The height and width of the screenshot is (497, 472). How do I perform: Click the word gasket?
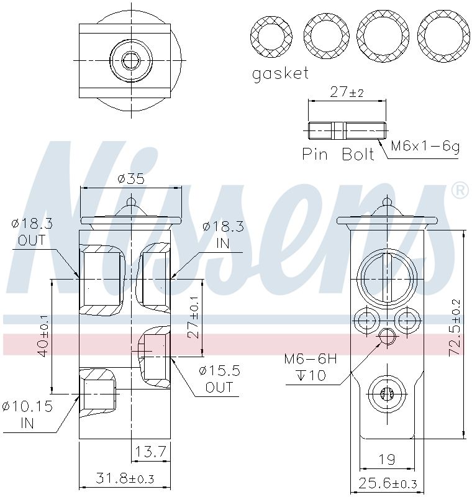pos(280,74)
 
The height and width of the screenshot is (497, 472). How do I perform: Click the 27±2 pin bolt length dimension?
pos(347,92)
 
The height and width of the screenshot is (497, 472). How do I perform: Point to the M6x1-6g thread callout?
pos(425,146)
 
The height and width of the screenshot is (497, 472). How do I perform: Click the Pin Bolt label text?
pos(338,154)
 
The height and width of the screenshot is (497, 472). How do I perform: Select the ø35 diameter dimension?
pos(131,179)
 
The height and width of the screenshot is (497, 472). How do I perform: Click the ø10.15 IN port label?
pos(27,414)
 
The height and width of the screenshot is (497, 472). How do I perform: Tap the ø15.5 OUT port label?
pos(219,378)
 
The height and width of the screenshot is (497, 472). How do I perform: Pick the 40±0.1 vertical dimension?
pos(43,336)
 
